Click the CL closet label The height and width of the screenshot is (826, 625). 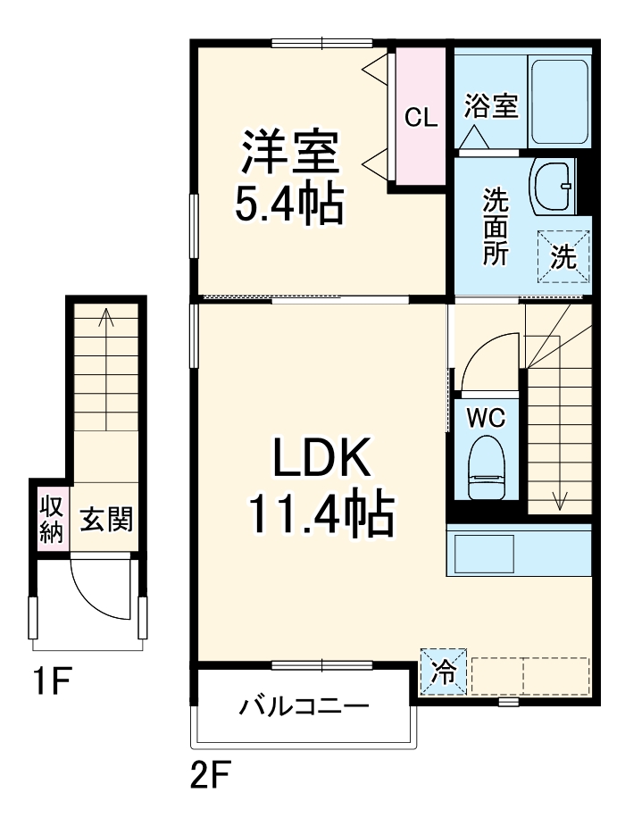tap(421, 117)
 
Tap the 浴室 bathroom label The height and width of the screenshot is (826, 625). tap(491, 106)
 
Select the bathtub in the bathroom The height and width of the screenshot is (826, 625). tap(560, 101)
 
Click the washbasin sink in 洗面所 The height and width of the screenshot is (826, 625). tap(554, 187)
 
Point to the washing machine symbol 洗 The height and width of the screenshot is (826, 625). tap(563, 257)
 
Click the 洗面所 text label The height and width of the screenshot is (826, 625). tap(496, 227)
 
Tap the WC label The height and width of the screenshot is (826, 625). tap(486, 416)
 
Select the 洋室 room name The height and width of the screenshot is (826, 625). tap(289, 153)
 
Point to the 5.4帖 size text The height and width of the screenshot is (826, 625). tap(289, 204)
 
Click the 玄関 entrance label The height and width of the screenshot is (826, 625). tap(106, 519)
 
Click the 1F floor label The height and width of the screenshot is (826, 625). tap(53, 683)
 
